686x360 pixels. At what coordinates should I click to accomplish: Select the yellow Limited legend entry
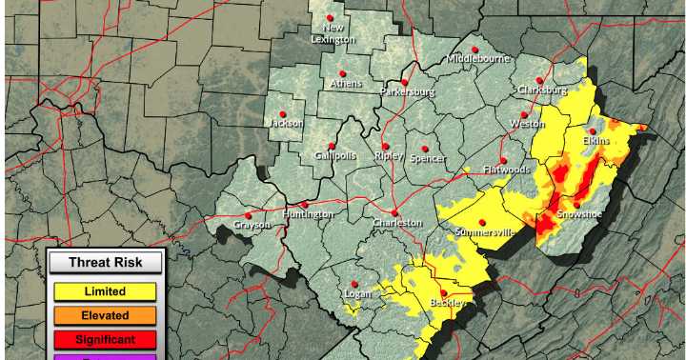tap(105, 291)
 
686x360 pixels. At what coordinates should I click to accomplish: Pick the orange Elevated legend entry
tap(105, 315)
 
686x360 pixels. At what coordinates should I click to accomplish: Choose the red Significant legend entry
tap(105, 339)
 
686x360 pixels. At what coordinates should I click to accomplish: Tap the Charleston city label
tap(397, 222)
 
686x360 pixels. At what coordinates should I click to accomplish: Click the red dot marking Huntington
tap(305, 204)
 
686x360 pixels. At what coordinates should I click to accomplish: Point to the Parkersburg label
tap(407, 92)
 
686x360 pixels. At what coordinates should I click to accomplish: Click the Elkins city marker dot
tap(593, 131)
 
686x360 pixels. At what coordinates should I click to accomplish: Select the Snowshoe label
tap(579, 214)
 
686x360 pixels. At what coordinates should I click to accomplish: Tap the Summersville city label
tap(485, 231)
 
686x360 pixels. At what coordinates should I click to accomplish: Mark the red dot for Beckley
tap(443, 292)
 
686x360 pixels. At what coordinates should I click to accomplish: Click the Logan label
tap(358, 294)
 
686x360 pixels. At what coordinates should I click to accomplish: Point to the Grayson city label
tap(251, 226)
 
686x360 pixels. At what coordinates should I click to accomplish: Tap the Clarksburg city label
tap(541, 90)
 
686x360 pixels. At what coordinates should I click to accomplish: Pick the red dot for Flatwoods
tap(503, 160)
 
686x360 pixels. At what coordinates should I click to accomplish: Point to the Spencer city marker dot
tap(425, 149)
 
